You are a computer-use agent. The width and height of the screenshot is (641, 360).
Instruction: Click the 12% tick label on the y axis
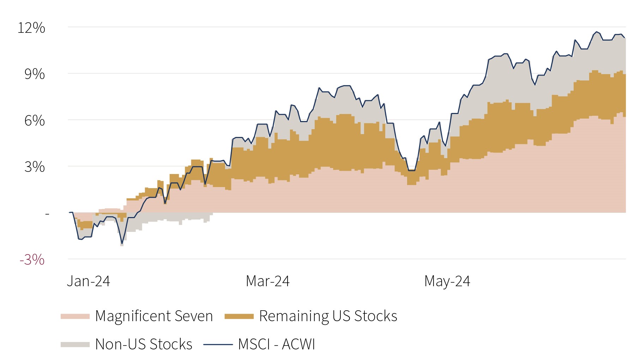(x=31, y=28)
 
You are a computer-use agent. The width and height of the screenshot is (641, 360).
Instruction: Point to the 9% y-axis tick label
(x=35, y=74)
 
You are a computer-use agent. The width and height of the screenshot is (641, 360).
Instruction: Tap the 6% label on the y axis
(x=35, y=121)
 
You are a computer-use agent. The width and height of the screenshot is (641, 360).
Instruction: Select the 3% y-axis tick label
(x=35, y=167)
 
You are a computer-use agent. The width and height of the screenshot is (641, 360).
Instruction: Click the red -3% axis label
(x=32, y=260)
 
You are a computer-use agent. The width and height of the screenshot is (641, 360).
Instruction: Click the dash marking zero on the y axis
(x=47, y=214)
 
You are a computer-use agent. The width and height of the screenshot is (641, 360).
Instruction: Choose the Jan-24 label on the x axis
(x=89, y=281)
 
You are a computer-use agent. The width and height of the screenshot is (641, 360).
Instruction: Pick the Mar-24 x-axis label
(x=268, y=281)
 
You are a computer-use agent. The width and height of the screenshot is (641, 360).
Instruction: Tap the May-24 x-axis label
(x=447, y=281)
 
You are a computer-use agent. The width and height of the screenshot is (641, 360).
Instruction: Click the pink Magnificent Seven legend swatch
(x=75, y=316)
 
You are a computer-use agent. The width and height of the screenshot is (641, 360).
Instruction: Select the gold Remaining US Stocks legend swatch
(x=239, y=316)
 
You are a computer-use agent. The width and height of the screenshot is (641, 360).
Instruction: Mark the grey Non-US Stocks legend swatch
(x=75, y=344)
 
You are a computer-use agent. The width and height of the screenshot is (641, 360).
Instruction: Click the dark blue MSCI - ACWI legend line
(x=218, y=344)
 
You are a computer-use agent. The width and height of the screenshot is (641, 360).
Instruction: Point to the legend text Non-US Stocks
(x=144, y=344)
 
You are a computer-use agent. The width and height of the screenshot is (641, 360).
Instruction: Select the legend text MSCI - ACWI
(x=277, y=344)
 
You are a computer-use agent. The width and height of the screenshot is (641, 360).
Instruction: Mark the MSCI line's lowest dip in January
(x=122, y=244)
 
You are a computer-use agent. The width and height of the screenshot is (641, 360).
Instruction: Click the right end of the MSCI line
(x=624, y=37)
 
